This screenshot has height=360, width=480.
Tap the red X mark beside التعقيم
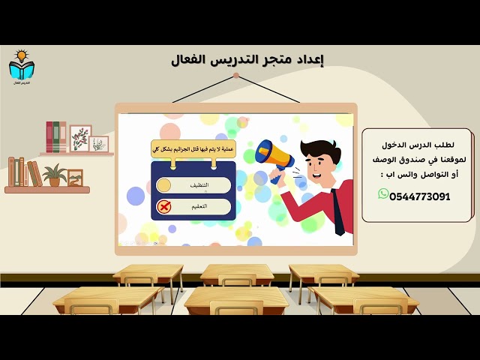[163, 205]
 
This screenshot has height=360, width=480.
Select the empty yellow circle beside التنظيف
[163, 184]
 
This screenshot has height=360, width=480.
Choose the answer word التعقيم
[199, 205]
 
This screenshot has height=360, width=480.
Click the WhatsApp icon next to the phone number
[384, 194]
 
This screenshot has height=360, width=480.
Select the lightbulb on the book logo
[21, 55]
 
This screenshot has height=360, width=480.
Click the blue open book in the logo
[21, 70]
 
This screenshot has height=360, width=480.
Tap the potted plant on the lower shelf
[54, 175]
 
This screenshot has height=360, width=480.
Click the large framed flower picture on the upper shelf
[80, 138]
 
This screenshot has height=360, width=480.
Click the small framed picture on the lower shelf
[75, 178]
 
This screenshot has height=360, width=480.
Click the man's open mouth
[310, 174]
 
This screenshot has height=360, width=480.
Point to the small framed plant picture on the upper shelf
[100, 144]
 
